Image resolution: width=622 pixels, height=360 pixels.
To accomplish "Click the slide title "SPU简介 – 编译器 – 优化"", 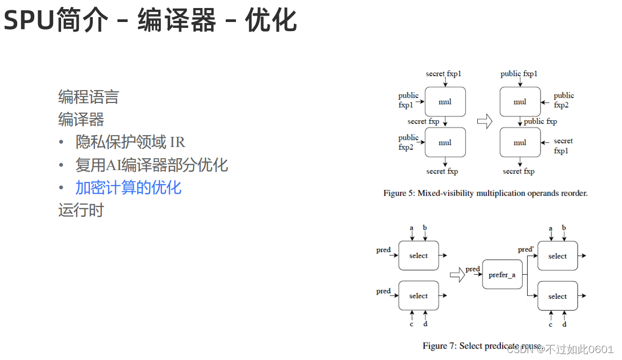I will (x=150, y=20).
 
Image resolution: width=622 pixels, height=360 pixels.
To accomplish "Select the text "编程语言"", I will (x=88, y=97).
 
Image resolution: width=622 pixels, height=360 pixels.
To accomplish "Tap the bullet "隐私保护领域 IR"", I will (x=130, y=142).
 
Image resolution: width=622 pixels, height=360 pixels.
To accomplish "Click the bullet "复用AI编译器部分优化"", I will (x=151, y=165).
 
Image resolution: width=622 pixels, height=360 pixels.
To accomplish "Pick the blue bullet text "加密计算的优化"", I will (x=128, y=187).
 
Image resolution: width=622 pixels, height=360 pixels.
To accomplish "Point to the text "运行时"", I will (x=80, y=210).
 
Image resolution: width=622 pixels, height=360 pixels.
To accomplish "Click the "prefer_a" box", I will (x=502, y=275).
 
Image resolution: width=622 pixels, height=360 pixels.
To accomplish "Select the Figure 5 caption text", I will (x=485, y=193).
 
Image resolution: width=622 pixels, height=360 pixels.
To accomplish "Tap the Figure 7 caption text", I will (x=482, y=346).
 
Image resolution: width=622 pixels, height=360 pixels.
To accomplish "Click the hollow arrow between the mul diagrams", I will (x=484, y=122).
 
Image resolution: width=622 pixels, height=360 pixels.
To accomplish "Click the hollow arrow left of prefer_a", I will (x=456, y=275).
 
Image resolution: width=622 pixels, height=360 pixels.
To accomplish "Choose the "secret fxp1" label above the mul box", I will (x=443, y=74).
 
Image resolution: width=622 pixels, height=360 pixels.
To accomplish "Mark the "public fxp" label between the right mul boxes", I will (x=540, y=121).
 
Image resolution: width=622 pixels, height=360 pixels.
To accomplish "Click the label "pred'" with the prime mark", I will (x=525, y=249).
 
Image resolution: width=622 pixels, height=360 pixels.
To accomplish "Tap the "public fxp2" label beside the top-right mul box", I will (x=564, y=100).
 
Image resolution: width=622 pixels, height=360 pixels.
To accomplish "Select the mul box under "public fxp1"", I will (x=520, y=101).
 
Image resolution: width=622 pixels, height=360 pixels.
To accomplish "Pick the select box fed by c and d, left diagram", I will (x=418, y=296).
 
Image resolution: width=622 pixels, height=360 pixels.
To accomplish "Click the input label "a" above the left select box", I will (x=412, y=228).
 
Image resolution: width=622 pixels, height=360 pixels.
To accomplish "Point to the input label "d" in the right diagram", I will (x=564, y=325).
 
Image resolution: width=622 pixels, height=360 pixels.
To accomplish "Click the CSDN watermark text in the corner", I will (x=560, y=349).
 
